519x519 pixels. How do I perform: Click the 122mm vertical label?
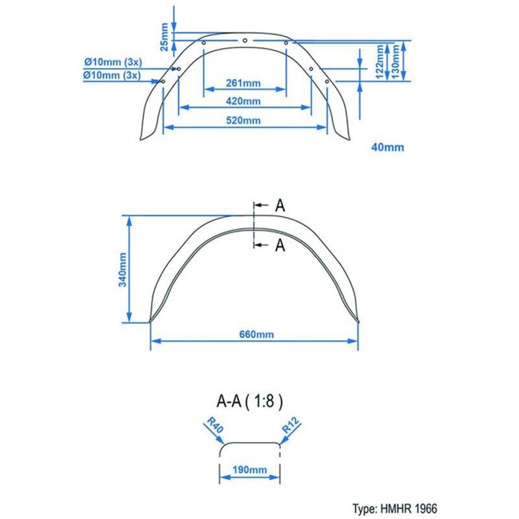pos(380,60)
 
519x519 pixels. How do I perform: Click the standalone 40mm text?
pos(388,147)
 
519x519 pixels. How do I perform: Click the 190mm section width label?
pos(251,470)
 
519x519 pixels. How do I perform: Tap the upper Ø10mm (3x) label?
pos(112,61)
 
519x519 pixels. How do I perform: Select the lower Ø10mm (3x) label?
pos(112,75)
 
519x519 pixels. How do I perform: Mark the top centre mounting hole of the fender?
pos(244,40)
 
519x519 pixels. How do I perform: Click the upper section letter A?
pos(279,205)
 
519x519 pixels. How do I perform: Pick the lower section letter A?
pos(279,245)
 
